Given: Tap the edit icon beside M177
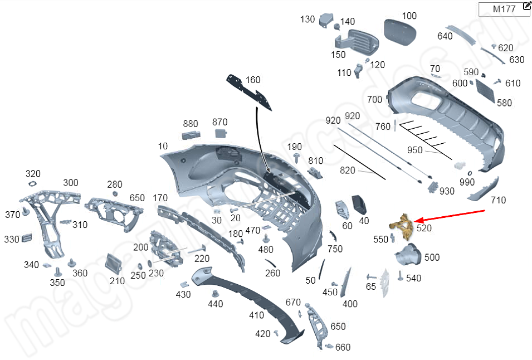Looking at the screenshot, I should point(527,7).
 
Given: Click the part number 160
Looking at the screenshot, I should point(253,80).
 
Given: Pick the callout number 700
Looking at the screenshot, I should point(375,100).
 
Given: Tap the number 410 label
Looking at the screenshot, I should point(256,315).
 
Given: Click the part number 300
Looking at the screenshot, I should point(71,183).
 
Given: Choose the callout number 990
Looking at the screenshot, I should point(467,182).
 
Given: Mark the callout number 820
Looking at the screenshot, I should point(348,171).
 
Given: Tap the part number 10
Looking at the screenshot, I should point(163,146).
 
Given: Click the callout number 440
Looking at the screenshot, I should point(215,304).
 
